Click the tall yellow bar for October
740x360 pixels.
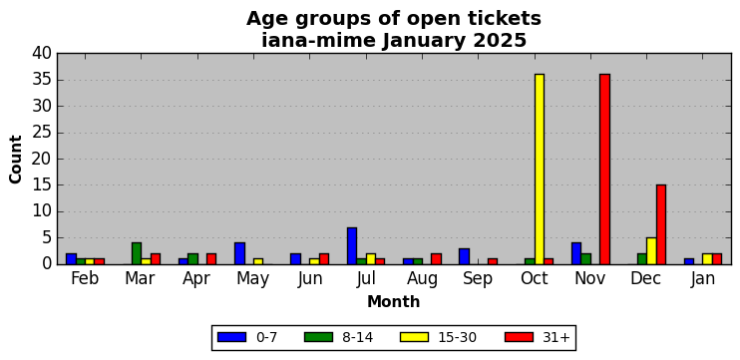[x=539, y=169]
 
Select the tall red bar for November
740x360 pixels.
[x=604, y=169]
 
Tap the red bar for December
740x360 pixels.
[x=660, y=224]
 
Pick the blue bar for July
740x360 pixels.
[x=352, y=246]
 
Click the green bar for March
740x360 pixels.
[x=137, y=253]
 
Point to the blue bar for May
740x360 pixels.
[x=239, y=253]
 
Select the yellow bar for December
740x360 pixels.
[x=651, y=251]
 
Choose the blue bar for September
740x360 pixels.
[x=465, y=256]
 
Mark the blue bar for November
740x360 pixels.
[x=576, y=253]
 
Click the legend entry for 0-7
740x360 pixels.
[x=246, y=337]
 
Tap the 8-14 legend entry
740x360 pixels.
[x=338, y=337]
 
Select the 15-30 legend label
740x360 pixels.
[x=458, y=337]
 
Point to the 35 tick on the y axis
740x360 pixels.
[x=42, y=80]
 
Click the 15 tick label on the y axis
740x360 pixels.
[x=42, y=185]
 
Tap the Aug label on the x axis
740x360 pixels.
[x=422, y=279]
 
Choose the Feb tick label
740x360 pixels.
[x=85, y=278]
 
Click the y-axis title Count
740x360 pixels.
[x=16, y=160]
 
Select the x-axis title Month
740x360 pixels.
[x=394, y=301]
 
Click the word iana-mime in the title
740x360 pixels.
[x=318, y=41]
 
